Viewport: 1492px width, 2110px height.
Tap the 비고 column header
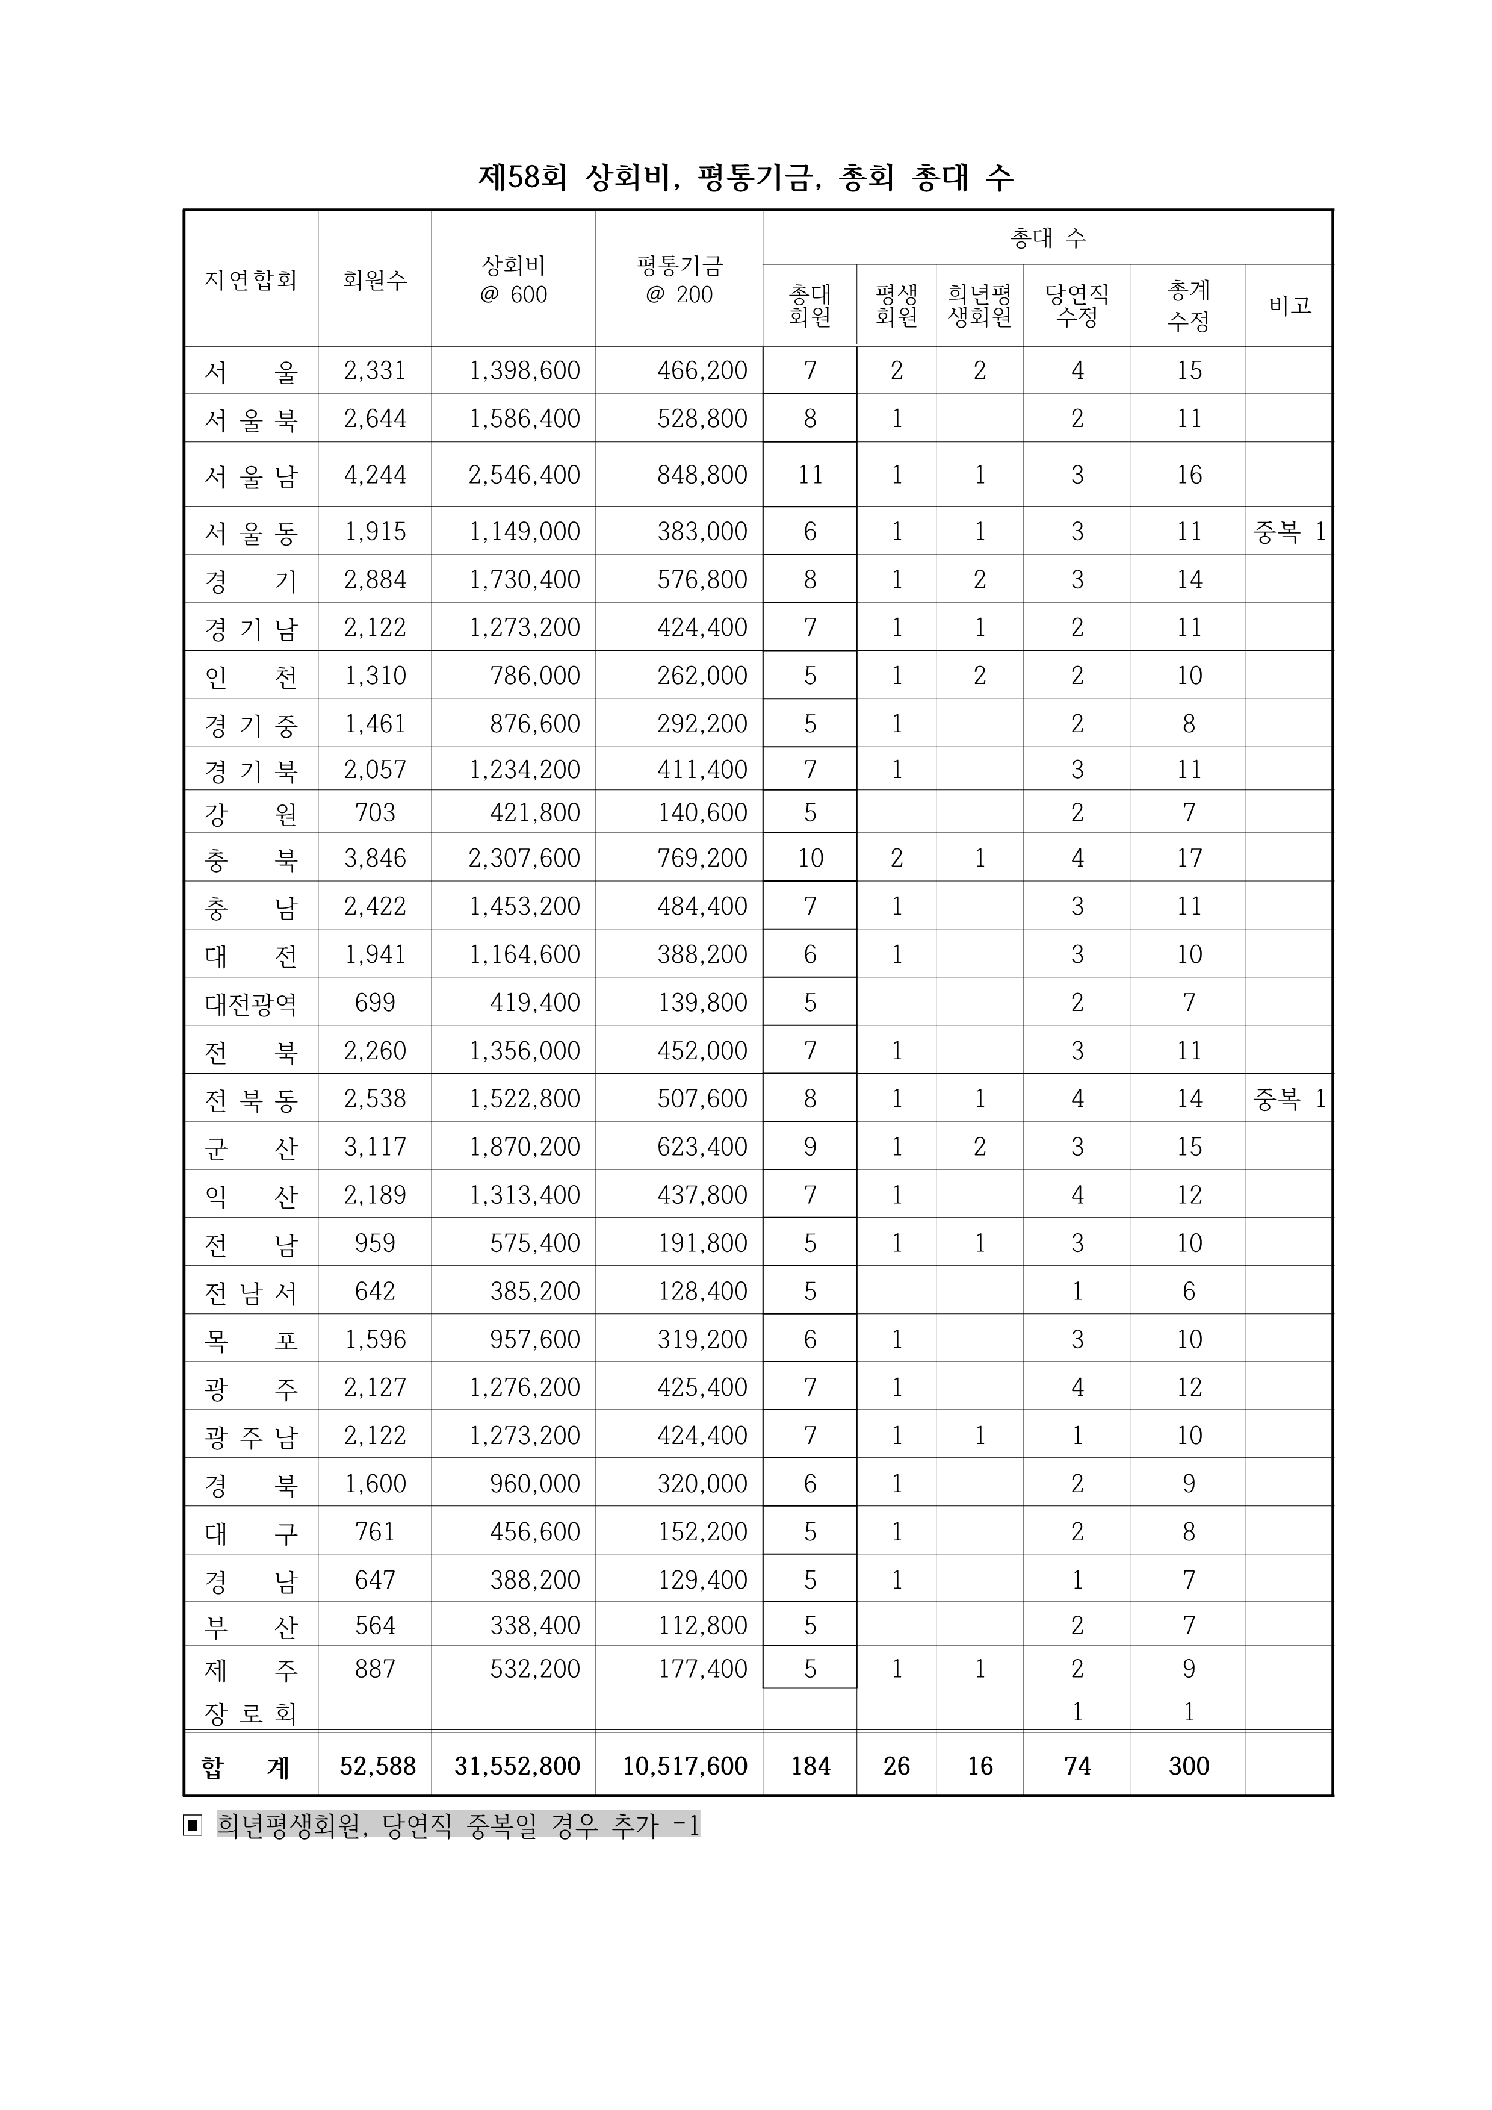pos(1289,305)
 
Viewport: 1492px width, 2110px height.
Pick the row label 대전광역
pos(251,1003)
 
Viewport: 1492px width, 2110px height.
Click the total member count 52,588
pos(377,1766)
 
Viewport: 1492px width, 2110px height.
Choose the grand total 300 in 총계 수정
pos(1188,1766)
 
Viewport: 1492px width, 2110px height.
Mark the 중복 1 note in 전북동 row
pos(1289,1099)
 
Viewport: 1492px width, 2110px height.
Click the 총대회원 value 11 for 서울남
pos(809,475)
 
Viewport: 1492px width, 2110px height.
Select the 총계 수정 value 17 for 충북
pos(1188,858)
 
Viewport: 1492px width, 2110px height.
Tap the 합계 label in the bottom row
pos(246,1766)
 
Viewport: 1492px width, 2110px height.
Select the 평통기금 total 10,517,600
pos(684,1766)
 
